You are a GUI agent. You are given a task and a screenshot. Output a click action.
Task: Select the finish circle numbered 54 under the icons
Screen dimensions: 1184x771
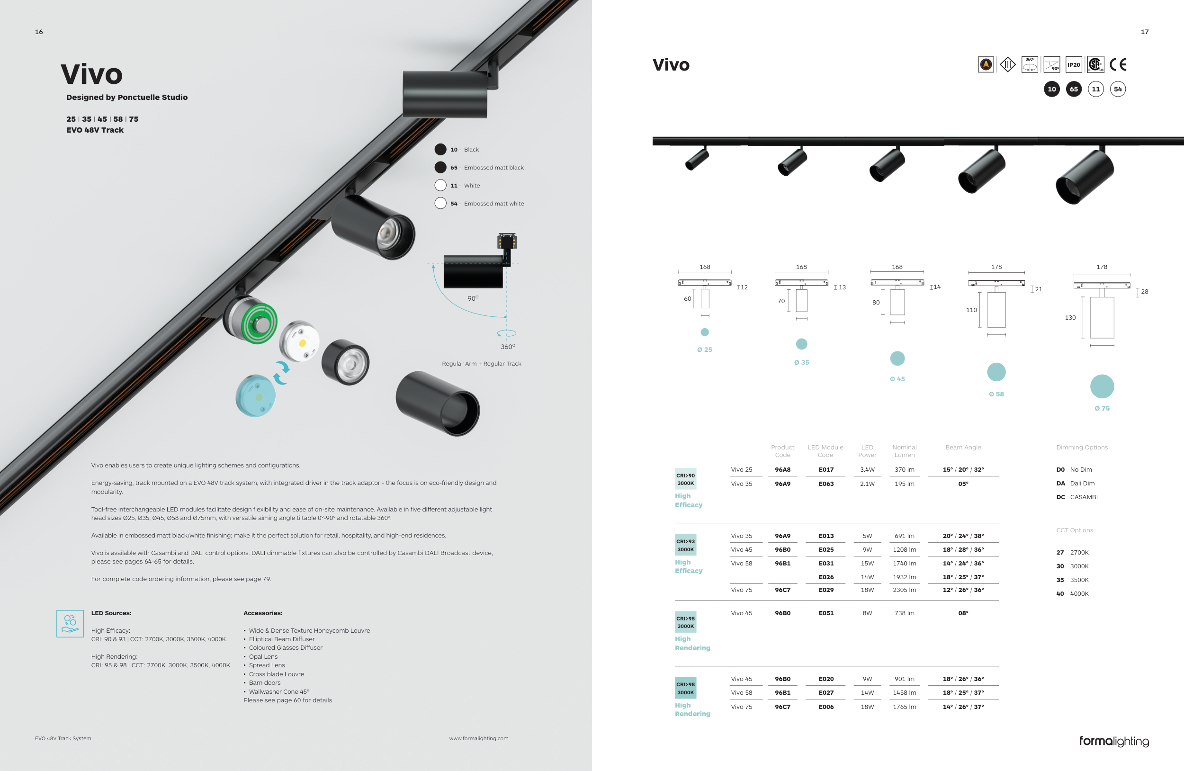1118,89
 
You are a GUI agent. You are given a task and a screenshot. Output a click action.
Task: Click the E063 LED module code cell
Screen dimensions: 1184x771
826,484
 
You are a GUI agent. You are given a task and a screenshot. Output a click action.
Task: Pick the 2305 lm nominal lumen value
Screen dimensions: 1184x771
905,590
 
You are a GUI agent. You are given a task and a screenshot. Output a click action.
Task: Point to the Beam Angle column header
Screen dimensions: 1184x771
963,447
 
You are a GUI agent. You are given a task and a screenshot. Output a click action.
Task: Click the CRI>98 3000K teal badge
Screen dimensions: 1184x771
685,688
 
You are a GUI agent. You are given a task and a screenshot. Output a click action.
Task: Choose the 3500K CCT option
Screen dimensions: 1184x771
1073,580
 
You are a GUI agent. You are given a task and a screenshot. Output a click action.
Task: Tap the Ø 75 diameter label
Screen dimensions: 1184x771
1102,408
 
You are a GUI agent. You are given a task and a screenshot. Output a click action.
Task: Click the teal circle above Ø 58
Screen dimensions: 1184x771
996,372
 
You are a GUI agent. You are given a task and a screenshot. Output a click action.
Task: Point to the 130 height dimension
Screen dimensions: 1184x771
1070,317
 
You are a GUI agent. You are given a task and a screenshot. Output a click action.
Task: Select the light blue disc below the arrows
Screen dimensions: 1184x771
255,396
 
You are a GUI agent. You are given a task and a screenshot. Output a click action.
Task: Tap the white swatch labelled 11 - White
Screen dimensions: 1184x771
440,185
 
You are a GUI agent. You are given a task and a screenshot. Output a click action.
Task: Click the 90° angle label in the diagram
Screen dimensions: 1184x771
473,298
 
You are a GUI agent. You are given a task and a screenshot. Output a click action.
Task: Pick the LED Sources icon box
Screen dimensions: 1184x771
70,623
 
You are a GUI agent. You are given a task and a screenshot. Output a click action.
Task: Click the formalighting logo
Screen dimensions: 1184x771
1114,742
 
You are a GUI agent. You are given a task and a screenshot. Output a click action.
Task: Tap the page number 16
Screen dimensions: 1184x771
39,32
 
